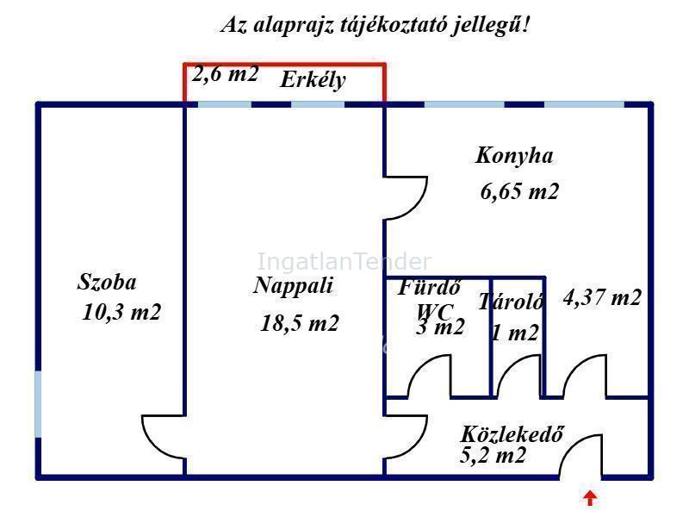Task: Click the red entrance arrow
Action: point(590,499)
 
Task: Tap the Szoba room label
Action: point(107,282)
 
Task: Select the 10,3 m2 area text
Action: point(121,312)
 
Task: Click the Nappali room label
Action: point(293,285)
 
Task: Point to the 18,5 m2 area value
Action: point(299,324)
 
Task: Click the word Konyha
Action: point(514,156)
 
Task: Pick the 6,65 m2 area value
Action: point(519,191)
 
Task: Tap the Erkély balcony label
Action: point(313,80)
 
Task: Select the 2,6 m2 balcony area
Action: point(225,74)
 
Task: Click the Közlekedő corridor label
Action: point(512,434)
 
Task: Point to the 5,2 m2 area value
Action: point(493,455)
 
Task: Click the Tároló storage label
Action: point(511,302)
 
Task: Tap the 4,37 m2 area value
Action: point(602,297)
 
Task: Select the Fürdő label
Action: point(429,288)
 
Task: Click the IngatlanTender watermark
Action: point(344,262)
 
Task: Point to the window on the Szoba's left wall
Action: point(38,404)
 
